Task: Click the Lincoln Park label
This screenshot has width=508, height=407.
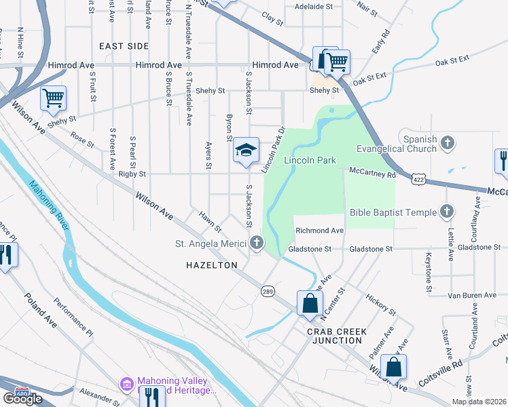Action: (x=310, y=161)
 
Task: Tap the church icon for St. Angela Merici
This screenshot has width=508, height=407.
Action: (x=256, y=242)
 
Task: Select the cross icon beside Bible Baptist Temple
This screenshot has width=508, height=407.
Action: (x=447, y=212)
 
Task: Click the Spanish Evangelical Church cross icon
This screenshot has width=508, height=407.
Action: (x=447, y=143)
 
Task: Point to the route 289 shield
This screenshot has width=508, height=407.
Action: (x=268, y=290)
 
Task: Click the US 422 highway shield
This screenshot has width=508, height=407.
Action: (x=417, y=177)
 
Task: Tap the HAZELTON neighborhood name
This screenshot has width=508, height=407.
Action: (x=212, y=265)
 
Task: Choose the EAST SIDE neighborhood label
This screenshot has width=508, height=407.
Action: (x=124, y=45)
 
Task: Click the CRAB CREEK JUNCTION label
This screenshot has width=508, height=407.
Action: (x=336, y=336)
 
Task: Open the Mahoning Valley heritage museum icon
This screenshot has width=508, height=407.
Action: (x=126, y=385)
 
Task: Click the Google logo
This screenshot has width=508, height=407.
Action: (x=22, y=399)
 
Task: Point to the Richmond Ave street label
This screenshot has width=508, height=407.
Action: (x=319, y=231)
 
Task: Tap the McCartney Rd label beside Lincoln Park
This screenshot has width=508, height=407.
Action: (x=372, y=174)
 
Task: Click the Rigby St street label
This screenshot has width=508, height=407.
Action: (x=132, y=174)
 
